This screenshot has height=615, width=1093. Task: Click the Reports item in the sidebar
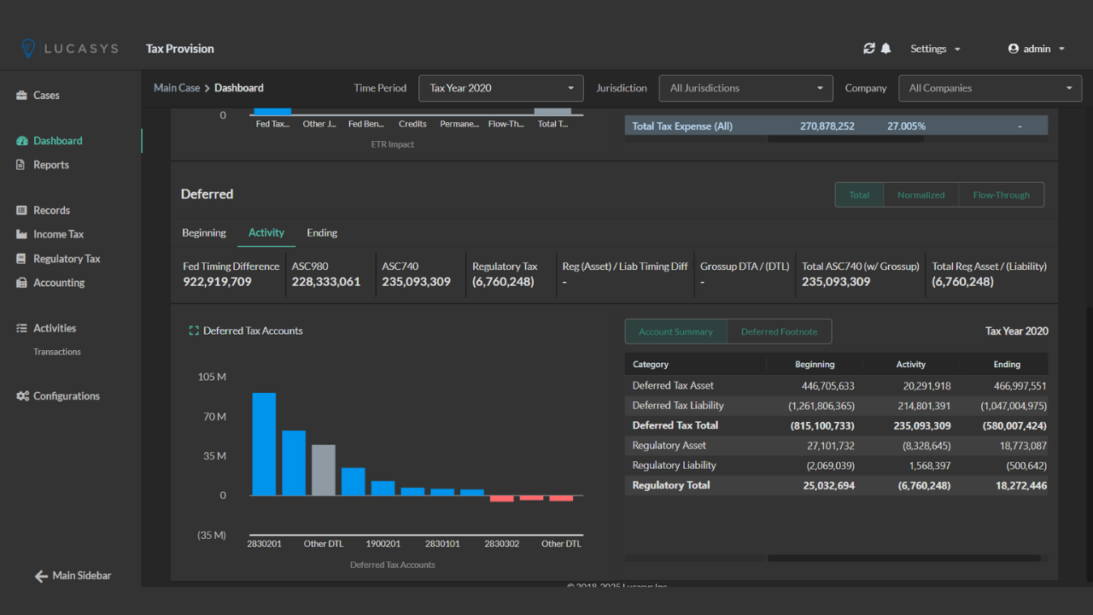point(50,165)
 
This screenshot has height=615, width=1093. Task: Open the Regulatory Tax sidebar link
point(66,259)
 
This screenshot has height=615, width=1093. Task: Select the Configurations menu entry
point(66,396)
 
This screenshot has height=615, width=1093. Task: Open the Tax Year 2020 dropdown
point(500,88)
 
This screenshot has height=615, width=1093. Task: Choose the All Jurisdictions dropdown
point(745,88)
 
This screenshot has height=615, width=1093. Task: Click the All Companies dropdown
point(990,88)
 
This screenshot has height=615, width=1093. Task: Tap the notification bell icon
point(886,49)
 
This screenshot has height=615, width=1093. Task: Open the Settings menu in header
point(934,49)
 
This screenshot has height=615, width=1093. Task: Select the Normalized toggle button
point(921,195)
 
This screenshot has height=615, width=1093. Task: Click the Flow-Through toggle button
point(1001,195)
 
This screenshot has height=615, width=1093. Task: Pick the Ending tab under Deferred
point(322,232)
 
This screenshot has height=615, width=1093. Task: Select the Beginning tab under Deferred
point(204,232)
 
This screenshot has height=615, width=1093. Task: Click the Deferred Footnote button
point(779,331)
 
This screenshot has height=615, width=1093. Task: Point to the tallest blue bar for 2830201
point(264,444)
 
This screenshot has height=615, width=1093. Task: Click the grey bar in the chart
point(324,470)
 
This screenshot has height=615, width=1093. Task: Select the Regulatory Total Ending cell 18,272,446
point(1020,485)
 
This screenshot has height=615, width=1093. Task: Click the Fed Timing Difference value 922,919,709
point(217,282)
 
